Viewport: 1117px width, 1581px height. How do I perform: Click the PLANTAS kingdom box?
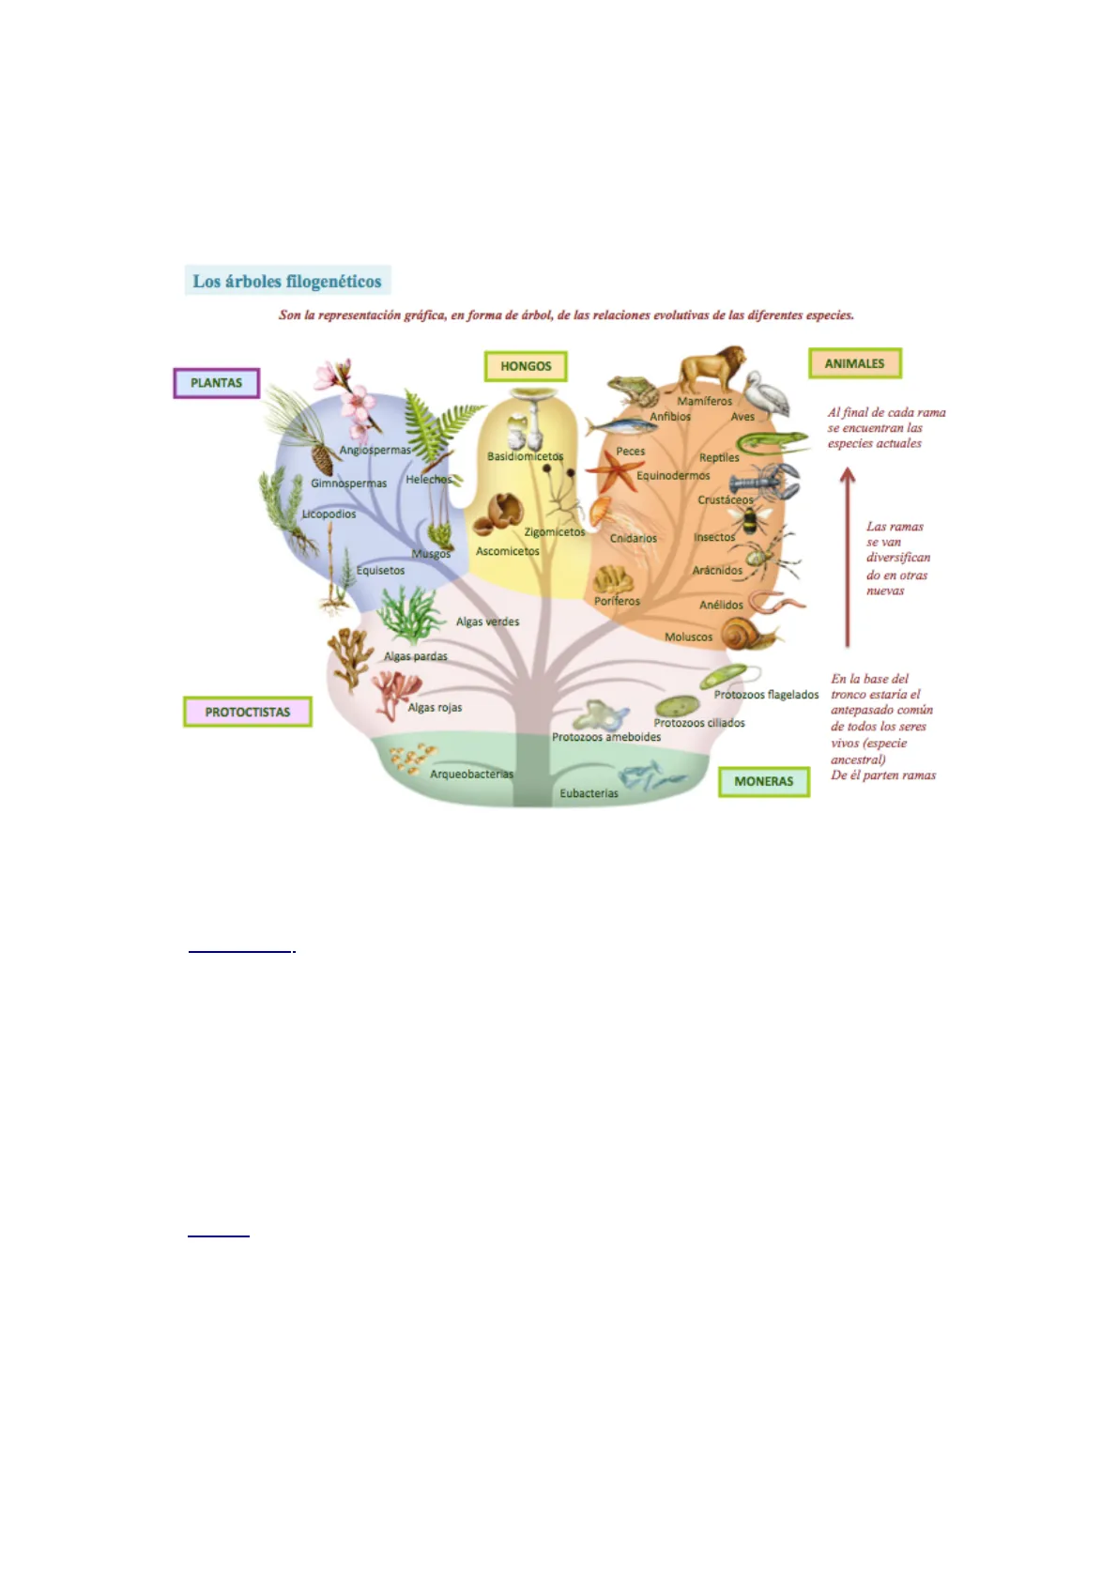216,383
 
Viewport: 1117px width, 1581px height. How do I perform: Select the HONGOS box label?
526,366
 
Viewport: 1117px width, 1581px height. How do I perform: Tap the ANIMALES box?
854,363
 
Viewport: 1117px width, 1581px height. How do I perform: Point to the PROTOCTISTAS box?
247,712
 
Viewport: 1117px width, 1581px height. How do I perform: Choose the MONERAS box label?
763,781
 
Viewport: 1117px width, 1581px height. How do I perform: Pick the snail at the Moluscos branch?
748,635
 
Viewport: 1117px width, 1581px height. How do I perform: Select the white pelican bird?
765,392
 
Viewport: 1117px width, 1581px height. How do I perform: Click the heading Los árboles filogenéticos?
287,281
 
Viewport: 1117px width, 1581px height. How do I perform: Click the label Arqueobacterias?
471,775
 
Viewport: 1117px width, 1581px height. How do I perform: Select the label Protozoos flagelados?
766,695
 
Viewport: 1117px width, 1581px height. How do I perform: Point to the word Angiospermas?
375,450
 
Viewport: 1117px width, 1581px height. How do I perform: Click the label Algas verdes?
487,622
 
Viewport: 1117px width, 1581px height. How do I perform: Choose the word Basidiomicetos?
525,456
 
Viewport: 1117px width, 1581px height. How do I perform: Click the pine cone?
321,459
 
